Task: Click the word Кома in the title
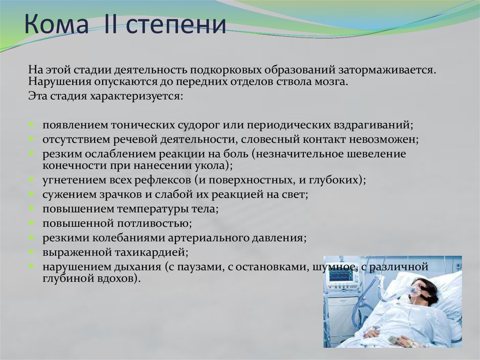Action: pos(57,23)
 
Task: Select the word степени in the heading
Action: pos(176,26)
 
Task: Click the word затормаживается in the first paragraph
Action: pos(387,70)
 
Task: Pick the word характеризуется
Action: pos(136,97)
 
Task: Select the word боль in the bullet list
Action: pos(236,153)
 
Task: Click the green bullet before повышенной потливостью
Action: pos(31,223)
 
